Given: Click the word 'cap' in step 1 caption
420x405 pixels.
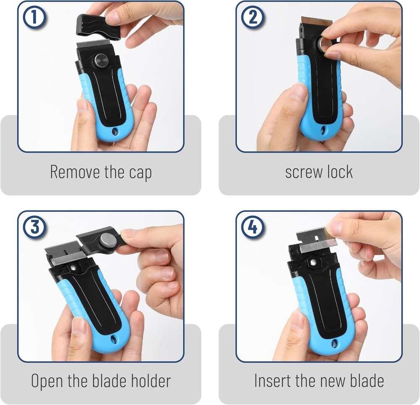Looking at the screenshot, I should (x=139, y=172).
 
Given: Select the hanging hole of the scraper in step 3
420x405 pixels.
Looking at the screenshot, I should (x=113, y=339).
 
